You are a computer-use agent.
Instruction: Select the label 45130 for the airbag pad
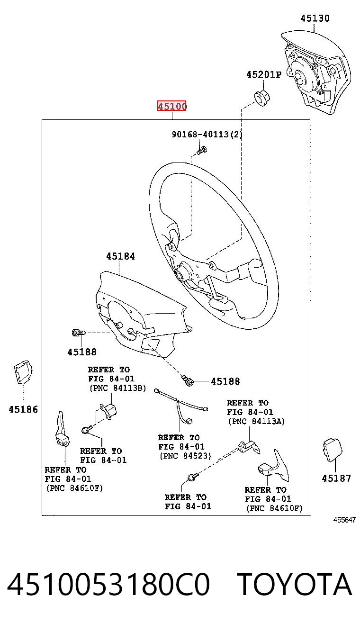tap(315, 18)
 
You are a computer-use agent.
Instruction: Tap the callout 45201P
tap(264, 74)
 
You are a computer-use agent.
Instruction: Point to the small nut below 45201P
tap(262, 98)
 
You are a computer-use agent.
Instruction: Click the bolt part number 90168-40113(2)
tap(207, 134)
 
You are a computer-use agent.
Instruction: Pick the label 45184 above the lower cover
tap(120, 256)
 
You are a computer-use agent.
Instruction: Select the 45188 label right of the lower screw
tap(225, 381)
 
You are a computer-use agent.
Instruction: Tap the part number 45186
tap(23, 409)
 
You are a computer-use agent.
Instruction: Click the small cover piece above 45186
tap(23, 372)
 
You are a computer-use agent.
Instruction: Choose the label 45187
tap(336, 478)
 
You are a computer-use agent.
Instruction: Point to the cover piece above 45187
tap(333, 450)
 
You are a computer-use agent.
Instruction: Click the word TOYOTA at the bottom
tap(294, 584)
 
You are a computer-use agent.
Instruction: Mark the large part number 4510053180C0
tap(108, 584)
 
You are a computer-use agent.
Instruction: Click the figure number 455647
tap(344, 520)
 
